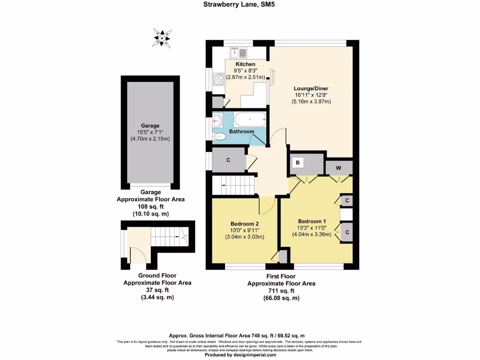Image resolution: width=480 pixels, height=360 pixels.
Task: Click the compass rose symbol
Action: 162,38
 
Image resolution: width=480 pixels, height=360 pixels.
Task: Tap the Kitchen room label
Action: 245,64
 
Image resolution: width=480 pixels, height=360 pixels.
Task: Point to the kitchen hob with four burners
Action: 219,79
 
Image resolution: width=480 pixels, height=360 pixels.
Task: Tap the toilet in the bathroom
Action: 219,136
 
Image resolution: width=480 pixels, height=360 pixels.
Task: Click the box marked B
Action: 297,163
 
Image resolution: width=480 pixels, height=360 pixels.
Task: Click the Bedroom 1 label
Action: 312,221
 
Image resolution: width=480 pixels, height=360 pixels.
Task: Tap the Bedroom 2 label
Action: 244,224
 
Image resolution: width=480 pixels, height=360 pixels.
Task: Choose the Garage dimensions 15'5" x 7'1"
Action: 150,132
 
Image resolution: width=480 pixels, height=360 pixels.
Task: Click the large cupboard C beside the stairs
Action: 228,160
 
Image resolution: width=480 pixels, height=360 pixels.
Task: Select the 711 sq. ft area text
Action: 281,291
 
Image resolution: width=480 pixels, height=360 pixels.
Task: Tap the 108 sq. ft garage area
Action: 150,206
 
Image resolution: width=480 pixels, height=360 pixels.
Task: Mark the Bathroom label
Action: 241,132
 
